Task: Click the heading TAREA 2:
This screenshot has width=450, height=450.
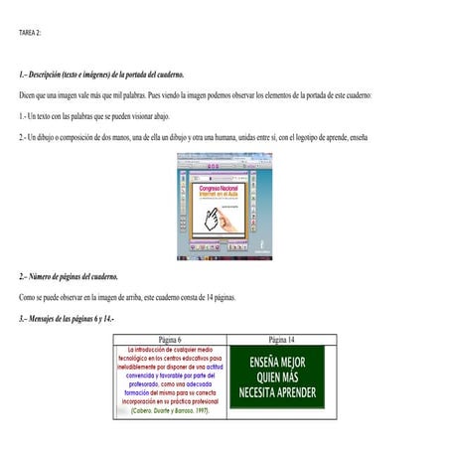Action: (31, 33)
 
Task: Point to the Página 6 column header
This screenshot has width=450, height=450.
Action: (169, 339)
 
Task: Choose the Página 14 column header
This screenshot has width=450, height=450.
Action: (282, 339)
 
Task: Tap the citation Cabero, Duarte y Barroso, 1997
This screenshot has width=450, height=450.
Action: (169, 410)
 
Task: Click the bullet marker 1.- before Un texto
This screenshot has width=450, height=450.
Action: (23, 116)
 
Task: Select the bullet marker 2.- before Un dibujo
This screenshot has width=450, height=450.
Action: (24, 137)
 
